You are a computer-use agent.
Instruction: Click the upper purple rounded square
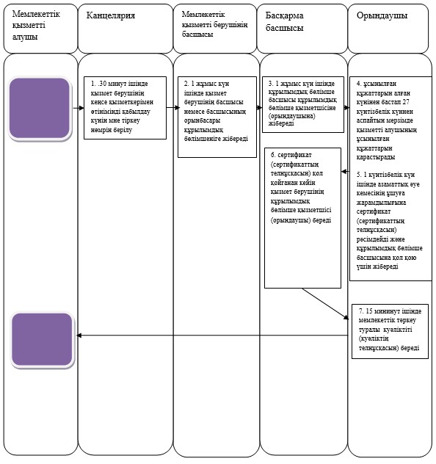(x=40, y=109)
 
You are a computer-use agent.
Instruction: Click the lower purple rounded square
(x=43, y=340)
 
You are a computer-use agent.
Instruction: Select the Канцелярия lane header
(x=126, y=29)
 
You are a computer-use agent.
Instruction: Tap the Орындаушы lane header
(x=388, y=29)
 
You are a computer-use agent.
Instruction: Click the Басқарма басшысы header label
(x=284, y=21)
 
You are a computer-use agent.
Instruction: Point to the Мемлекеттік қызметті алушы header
(x=40, y=29)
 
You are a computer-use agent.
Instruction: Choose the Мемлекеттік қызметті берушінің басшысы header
(x=215, y=29)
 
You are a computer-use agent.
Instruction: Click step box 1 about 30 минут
(x=125, y=108)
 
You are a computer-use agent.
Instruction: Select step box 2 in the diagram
(x=217, y=117)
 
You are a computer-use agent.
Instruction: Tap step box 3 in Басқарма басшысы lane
(x=303, y=104)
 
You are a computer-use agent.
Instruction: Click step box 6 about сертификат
(x=302, y=218)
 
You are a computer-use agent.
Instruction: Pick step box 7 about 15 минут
(x=390, y=331)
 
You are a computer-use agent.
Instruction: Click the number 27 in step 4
(x=406, y=102)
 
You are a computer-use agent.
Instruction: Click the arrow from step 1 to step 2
(x=172, y=108)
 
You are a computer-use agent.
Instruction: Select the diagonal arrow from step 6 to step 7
(x=326, y=304)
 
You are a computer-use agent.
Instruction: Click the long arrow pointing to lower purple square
(x=212, y=336)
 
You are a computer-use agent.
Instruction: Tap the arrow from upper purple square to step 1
(x=79, y=108)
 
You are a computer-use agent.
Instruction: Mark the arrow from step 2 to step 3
(x=259, y=108)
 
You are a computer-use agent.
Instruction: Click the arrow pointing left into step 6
(x=345, y=171)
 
